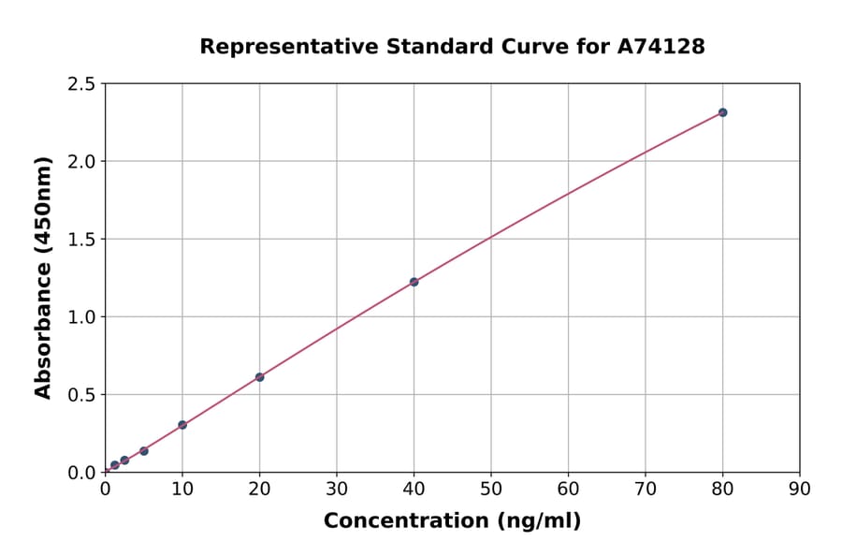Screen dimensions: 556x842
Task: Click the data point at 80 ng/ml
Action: click(x=722, y=112)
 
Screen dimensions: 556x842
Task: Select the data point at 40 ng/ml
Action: click(x=414, y=282)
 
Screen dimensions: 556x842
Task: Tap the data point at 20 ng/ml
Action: click(x=259, y=377)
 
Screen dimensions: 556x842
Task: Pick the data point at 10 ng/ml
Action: click(x=182, y=425)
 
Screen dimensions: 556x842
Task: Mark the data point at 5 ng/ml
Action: click(x=144, y=451)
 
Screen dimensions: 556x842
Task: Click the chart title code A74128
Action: click(x=661, y=46)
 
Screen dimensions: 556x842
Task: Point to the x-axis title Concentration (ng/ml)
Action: click(x=452, y=521)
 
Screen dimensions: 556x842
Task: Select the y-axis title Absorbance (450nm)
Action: click(x=43, y=277)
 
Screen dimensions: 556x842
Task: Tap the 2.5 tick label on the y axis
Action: click(x=81, y=84)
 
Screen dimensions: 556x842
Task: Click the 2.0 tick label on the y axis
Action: click(x=81, y=162)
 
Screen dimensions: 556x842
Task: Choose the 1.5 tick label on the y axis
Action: click(x=81, y=240)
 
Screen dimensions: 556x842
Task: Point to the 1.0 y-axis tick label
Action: click(x=81, y=317)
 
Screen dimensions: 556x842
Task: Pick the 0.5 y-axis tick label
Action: click(x=81, y=395)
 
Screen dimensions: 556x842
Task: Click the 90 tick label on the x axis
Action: click(x=800, y=489)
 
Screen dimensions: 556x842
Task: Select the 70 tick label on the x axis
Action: click(x=646, y=489)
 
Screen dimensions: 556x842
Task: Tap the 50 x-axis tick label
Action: click(x=491, y=489)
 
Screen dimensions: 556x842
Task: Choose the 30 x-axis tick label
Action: click(x=337, y=489)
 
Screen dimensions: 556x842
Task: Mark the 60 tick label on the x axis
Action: click(x=568, y=489)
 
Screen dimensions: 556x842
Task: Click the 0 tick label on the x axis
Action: click(x=105, y=489)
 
